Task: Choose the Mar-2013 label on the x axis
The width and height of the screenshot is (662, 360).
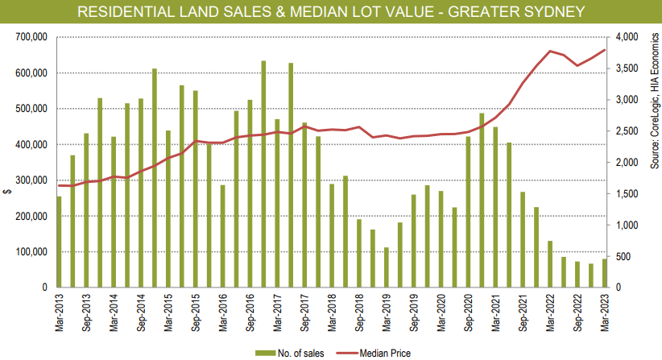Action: coord(59,310)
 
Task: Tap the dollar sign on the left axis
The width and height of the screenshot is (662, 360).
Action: coord(6,190)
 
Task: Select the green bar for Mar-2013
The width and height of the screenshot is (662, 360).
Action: coord(59,242)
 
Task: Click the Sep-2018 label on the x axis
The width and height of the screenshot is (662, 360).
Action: coord(359,310)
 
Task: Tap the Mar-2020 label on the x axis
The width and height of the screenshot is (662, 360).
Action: coord(441,310)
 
